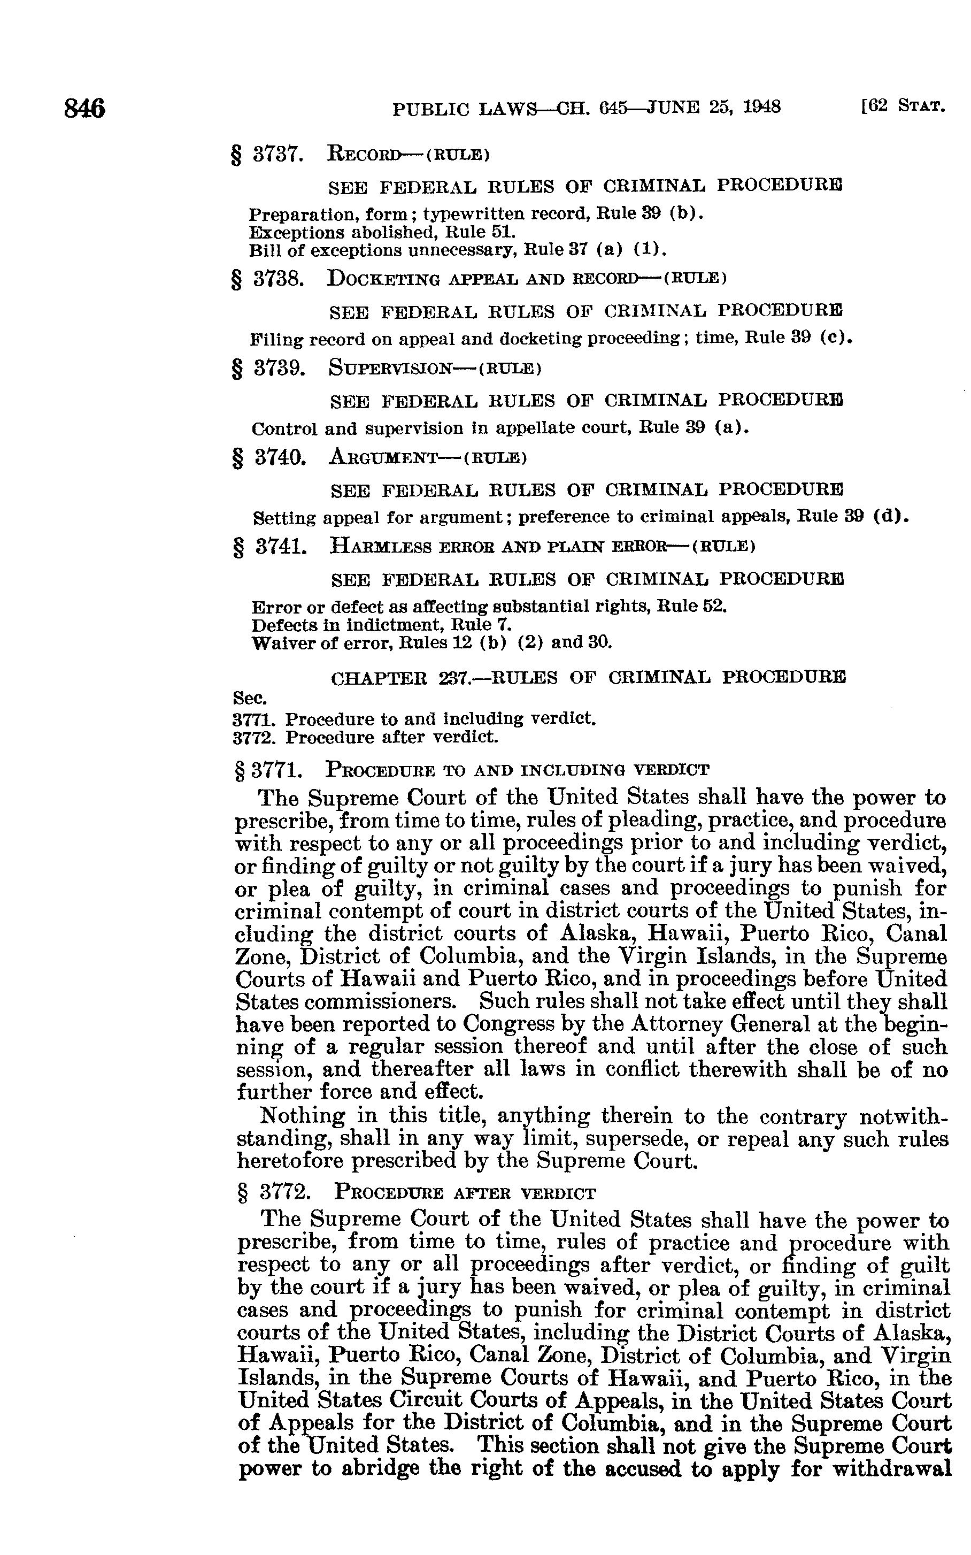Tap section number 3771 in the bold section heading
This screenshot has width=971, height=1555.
[x=278, y=769]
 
